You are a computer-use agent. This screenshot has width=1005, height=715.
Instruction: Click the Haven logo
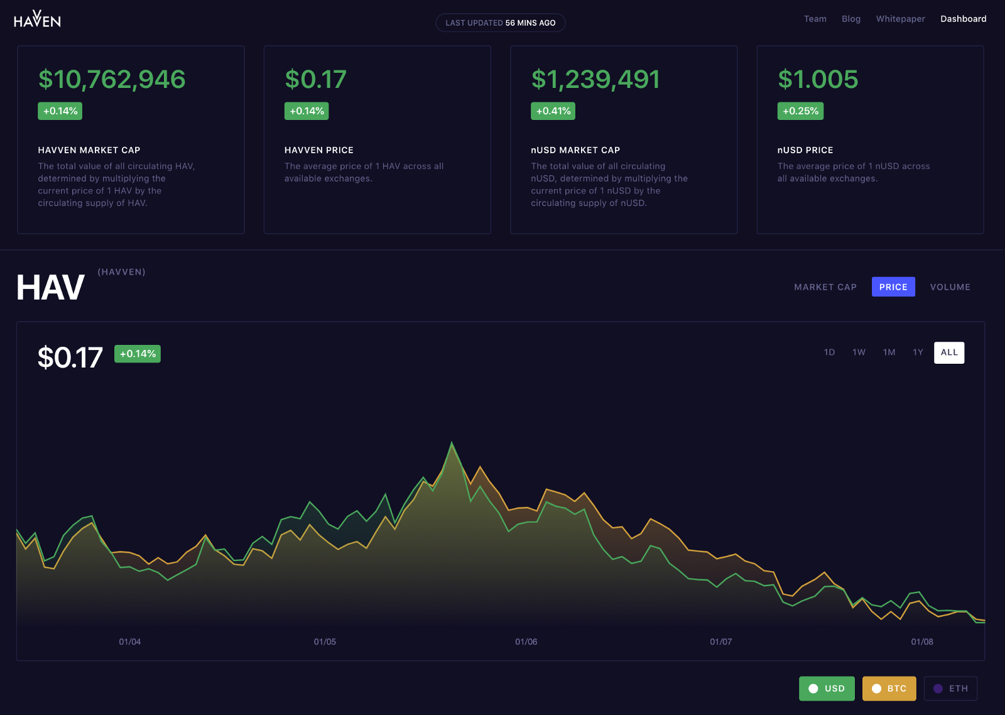tap(37, 19)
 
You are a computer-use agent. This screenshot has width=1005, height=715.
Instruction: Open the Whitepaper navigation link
tap(900, 19)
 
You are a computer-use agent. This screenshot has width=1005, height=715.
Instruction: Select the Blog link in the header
tap(851, 19)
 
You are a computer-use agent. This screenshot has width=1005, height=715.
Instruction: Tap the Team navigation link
tap(815, 19)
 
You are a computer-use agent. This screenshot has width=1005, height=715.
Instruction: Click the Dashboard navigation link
tap(963, 19)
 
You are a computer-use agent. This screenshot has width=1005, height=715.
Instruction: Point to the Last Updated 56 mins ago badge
tap(501, 23)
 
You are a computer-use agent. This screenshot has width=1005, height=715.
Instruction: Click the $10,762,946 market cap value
tap(112, 79)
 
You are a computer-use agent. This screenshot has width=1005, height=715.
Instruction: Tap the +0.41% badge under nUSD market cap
tap(553, 111)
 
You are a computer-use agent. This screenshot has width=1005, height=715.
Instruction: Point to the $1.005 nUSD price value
tap(818, 79)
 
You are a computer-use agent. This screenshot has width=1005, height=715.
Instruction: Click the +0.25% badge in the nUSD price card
tap(800, 111)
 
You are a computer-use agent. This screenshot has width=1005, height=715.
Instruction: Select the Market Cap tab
tap(825, 287)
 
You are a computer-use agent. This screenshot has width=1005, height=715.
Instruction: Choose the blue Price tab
tap(893, 287)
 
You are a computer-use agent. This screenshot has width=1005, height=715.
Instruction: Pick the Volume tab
tap(950, 287)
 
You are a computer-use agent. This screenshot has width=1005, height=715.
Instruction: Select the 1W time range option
tap(859, 352)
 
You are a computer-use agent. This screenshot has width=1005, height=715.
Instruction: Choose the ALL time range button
tap(948, 352)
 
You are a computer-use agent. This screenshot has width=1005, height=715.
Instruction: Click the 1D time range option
tap(829, 352)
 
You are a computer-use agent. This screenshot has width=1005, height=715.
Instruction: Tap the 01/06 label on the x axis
tap(526, 641)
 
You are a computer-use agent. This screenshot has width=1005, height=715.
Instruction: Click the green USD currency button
tap(827, 689)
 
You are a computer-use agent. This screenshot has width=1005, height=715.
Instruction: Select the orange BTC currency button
tap(889, 689)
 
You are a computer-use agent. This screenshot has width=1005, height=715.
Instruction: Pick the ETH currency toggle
tap(950, 689)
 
